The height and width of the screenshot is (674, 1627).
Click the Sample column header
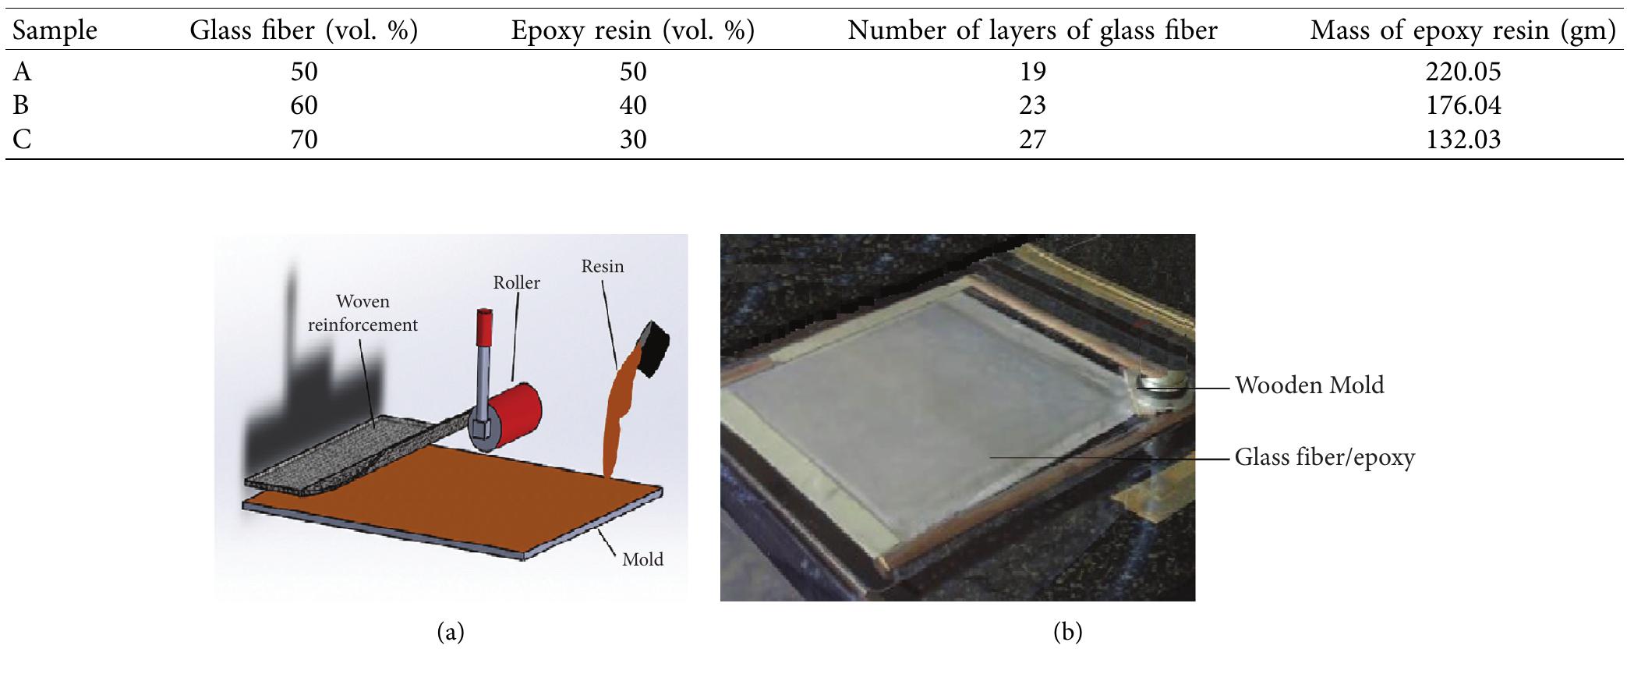tap(55, 30)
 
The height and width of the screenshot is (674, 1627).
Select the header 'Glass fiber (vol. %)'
tap(304, 30)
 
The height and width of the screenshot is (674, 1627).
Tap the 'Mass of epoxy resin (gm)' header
tap(1463, 30)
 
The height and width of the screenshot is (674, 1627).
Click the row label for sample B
tap(21, 105)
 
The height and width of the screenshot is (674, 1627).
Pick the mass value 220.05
tap(1463, 72)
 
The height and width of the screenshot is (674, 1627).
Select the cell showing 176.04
tap(1463, 105)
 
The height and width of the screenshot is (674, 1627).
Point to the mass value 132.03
tap(1463, 140)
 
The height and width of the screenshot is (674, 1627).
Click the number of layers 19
tap(1032, 72)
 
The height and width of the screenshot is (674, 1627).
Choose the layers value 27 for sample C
tap(1032, 140)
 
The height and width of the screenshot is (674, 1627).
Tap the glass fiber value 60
tap(304, 105)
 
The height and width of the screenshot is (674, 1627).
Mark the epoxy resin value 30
tap(633, 140)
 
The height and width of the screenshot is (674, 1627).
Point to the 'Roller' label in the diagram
tap(516, 282)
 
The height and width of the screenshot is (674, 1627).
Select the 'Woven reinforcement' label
tap(363, 313)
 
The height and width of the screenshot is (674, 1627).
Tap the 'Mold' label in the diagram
tap(642, 559)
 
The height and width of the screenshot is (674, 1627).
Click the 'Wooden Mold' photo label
tap(1309, 385)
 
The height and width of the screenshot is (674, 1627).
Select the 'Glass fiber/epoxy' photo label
tap(1324, 457)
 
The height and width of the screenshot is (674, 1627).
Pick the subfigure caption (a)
tap(451, 632)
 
